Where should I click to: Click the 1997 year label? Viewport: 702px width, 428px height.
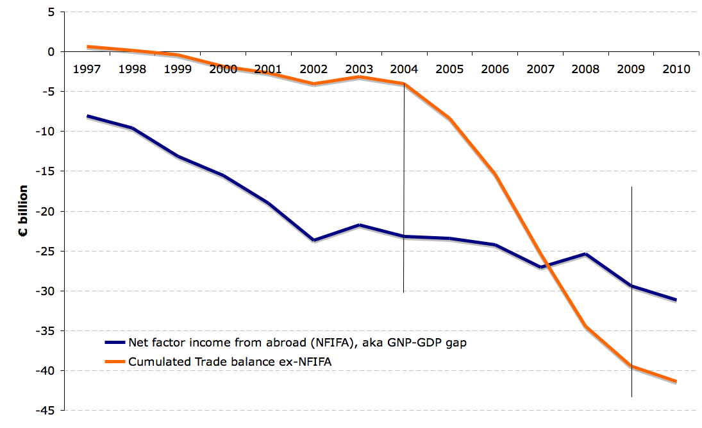tap(87, 69)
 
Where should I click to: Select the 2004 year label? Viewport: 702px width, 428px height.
tap(404, 69)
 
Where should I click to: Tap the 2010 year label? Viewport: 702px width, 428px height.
tap(677, 69)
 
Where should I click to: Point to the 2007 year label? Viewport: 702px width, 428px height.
tap(540, 69)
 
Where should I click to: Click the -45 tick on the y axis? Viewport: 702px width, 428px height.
tap(47, 411)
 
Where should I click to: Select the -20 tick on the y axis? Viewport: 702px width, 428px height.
tap(47, 211)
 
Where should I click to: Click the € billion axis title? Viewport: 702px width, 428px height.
tap(22, 211)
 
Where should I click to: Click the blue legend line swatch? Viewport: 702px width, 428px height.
tap(115, 343)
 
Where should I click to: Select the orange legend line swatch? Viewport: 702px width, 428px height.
tap(115, 362)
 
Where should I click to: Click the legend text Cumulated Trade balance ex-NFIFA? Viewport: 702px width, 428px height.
tap(230, 362)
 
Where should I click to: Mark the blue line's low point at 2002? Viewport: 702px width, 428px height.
tap(313, 240)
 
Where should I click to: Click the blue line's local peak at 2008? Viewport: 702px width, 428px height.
tap(586, 254)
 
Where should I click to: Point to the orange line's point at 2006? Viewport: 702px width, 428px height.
tap(496, 174)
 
